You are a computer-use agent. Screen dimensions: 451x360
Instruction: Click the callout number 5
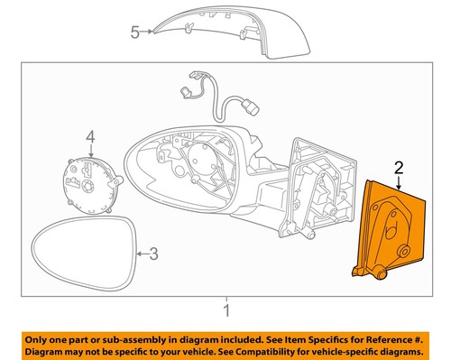(x=134, y=32)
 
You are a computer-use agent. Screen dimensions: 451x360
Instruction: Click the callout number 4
(x=90, y=136)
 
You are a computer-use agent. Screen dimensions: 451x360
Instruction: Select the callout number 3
(x=153, y=254)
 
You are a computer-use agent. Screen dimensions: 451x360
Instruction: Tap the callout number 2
(x=397, y=166)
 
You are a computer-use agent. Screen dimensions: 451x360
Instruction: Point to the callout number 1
(x=226, y=311)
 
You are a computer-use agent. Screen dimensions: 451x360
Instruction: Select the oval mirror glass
(x=80, y=257)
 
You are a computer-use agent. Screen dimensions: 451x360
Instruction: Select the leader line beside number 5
(x=148, y=32)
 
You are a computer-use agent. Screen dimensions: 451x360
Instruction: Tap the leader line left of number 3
(x=140, y=254)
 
